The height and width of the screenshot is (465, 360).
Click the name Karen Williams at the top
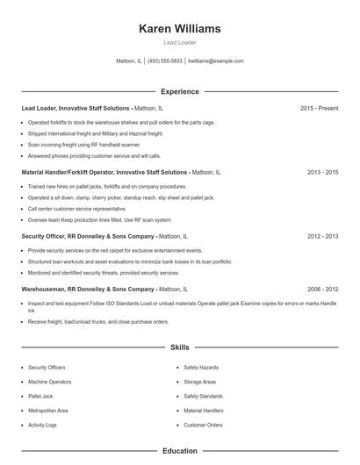pos(179,28)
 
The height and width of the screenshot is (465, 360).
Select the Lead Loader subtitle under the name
pos(179,43)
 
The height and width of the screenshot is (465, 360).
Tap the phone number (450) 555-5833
pos(165,61)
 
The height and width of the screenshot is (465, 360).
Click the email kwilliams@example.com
pos(216,61)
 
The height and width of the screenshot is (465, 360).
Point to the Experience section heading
pos(179,91)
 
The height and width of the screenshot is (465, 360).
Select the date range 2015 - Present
pos(319,108)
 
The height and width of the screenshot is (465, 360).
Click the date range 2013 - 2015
pos(322,172)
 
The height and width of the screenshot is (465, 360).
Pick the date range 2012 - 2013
pos(322,236)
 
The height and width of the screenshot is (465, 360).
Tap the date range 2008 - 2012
pos(322,289)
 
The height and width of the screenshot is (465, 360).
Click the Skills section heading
pos(179,347)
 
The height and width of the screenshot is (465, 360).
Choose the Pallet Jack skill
pos(41,396)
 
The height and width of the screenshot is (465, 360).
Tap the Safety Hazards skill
pos(201,368)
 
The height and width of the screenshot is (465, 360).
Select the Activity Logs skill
pos(43,425)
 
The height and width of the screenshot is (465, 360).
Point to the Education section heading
pos(179,451)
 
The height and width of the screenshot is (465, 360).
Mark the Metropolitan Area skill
pos(48,410)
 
